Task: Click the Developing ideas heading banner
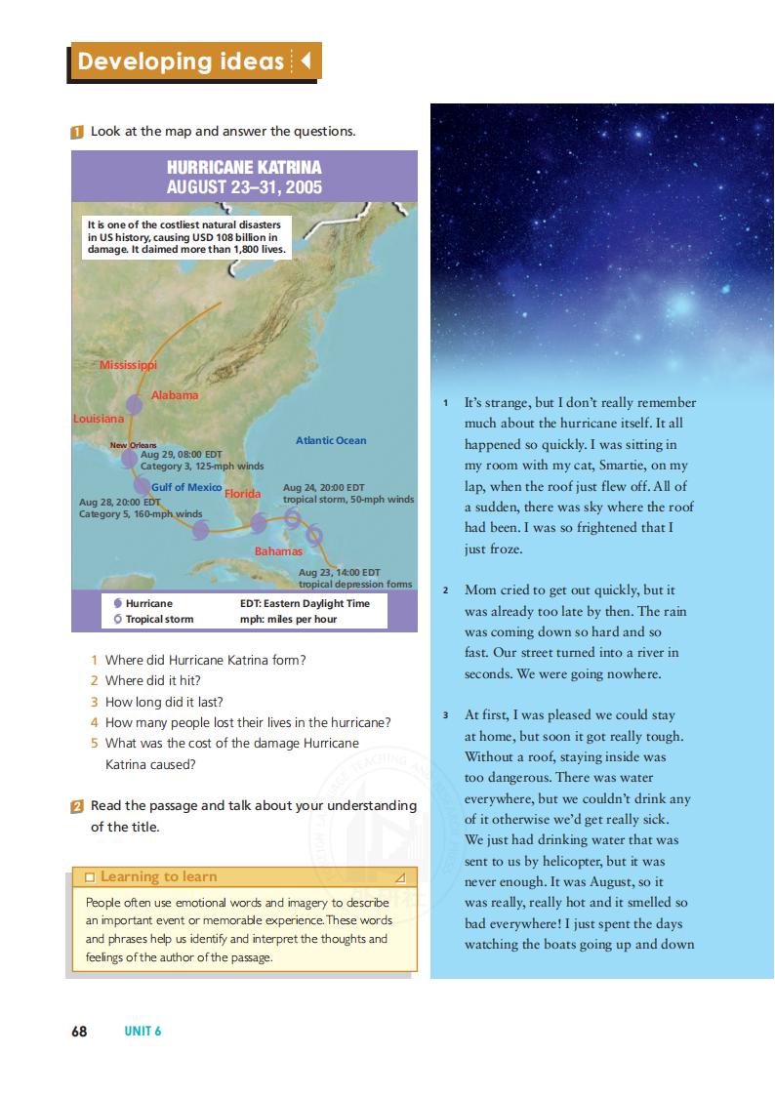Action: [195, 61]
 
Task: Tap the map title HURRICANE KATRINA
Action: [244, 167]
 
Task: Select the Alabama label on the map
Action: [175, 395]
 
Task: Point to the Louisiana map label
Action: [99, 419]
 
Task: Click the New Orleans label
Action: [133, 445]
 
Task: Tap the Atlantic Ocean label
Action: [331, 440]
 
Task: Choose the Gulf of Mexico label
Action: [186, 487]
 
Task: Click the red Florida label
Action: [243, 494]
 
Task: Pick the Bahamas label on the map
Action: [278, 551]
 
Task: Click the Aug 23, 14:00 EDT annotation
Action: [339, 572]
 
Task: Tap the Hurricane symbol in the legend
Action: [118, 604]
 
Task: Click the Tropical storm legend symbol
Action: [118, 619]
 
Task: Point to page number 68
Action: [79, 1031]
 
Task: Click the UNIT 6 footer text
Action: [143, 1032]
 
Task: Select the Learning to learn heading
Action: [158, 876]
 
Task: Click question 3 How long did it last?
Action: [164, 702]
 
